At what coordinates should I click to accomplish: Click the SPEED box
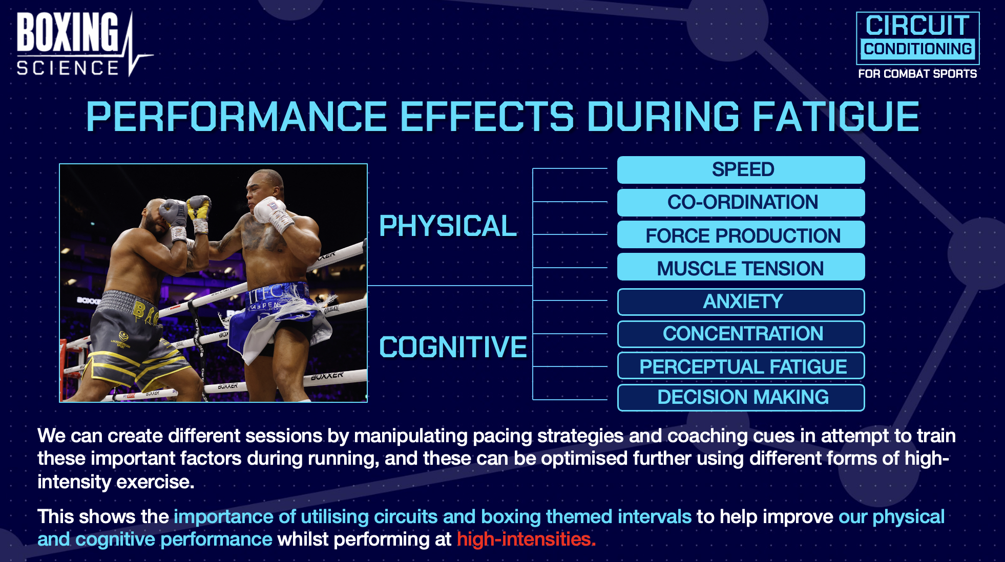click(x=741, y=170)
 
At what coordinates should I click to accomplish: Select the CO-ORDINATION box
click(x=741, y=203)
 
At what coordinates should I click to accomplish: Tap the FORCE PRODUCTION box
click(x=741, y=235)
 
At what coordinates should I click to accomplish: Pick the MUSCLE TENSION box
click(x=741, y=267)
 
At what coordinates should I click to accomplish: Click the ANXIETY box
click(x=741, y=302)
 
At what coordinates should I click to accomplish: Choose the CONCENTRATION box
click(x=741, y=334)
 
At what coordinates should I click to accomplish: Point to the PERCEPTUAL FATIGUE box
click(x=741, y=366)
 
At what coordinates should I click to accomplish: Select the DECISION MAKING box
click(x=741, y=398)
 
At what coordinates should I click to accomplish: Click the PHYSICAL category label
click(x=448, y=226)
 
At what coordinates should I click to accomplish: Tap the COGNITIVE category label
click(x=453, y=347)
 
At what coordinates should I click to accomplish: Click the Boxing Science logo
click(x=83, y=44)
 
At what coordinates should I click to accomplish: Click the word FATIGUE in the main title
click(x=836, y=116)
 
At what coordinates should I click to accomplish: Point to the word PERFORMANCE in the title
click(x=236, y=116)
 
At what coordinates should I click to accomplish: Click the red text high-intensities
click(x=526, y=539)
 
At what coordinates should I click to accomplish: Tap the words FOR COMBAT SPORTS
click(x=917, y=74)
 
